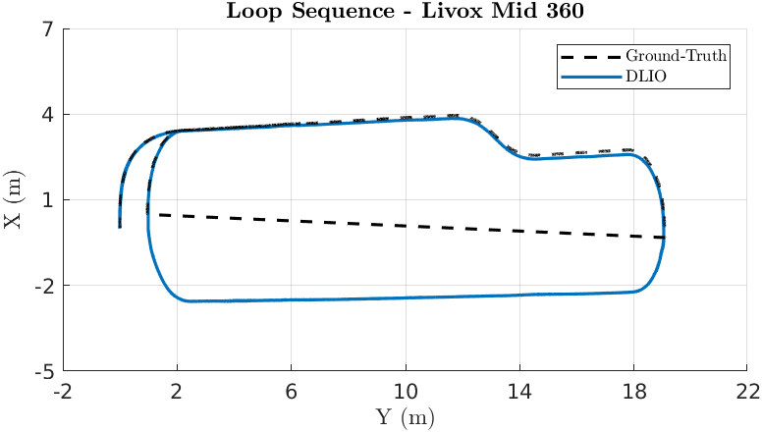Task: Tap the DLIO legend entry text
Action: pyautogui.click(x=646, y=76)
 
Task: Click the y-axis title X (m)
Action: pyautogui.click(x=14, y=201)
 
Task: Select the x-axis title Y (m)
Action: pyautogui.click(x=406, y=418)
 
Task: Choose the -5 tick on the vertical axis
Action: pyautogui.click(x=45, y=372)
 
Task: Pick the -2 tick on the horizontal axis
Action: pyautogui.click(x=64, y=391)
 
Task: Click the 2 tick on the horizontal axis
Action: pyautogui.click(x=178, y=391)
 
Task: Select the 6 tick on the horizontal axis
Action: pyautogui.click(x=292, y=391)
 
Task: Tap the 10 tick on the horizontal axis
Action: pyautogui.click(x=406, y=391)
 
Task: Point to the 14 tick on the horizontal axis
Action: pyautogui.click(x=519, y=391)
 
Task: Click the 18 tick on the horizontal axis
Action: pyautogui.click(x=633, y=391)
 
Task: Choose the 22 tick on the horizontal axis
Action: pyautogui.click(x=747, y=391)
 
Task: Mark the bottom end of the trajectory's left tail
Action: pyautogui.click(x=120, y=227)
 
